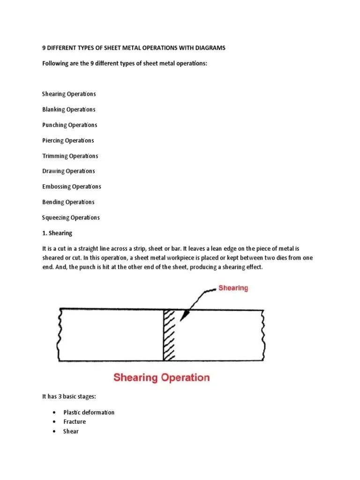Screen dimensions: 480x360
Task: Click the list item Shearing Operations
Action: coord(69,94)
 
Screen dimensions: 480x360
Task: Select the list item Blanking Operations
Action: coord(69,109)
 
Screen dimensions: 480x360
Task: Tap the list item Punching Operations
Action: coord(70,125)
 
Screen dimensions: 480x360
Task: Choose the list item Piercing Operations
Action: coord(68,141)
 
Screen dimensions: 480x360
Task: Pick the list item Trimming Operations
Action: coord(70,156)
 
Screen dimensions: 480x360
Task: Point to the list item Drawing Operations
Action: coord(68,171)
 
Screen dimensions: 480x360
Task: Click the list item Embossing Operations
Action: coord(72,187)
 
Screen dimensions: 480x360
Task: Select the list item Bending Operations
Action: coord(68,202)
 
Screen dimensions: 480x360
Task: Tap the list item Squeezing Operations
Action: coord(71,217)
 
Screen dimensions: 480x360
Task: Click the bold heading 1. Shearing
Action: coord(57,233)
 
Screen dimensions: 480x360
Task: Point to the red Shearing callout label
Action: coord(233,288)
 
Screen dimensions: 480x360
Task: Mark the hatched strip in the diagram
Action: coord(169,335)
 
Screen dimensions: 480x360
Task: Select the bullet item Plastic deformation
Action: coord(89,412)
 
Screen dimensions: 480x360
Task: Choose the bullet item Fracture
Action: coord(75,422)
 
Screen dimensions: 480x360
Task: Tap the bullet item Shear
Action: coord(71,431)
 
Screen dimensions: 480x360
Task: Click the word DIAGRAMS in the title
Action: coord(209,48)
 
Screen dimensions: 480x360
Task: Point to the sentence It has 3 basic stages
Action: coord(69,397)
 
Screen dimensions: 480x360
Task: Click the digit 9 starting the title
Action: coord(44,48)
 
